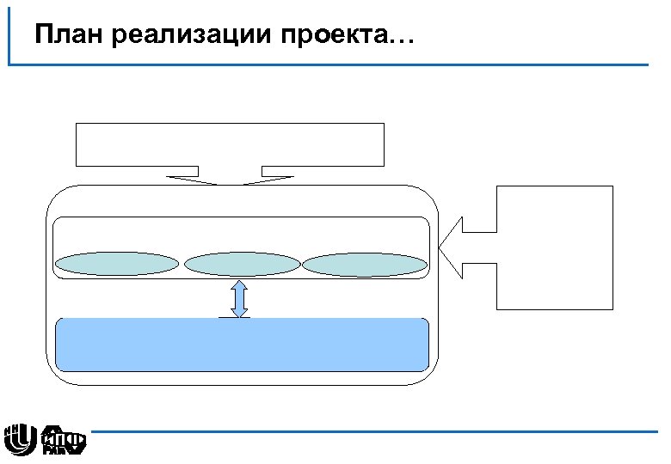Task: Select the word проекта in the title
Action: (x=340, y=37)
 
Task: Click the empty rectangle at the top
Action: (x=230, y=144)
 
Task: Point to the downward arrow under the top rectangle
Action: (x=230, y=176)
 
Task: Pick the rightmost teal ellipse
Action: (x=365, y=264)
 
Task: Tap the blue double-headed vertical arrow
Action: (x=240, y=298)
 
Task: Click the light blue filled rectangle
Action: (x=242, y=345)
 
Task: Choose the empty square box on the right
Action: (x=555, y=247)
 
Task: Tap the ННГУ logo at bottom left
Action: (x=19, y=439)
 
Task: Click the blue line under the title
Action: (x=344, y=64)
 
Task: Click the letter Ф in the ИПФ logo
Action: (x=76, y=439)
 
